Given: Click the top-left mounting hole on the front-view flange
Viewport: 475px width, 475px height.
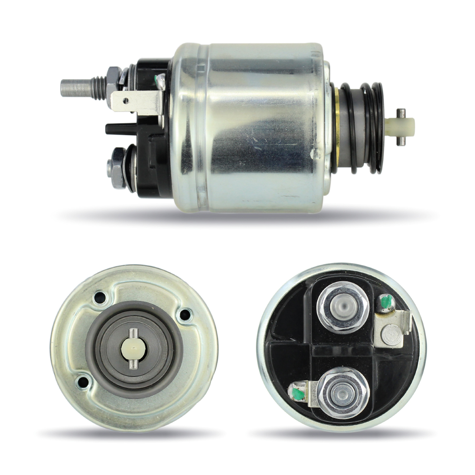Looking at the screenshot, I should click(100, 298).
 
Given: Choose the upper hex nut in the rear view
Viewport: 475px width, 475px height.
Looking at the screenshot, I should click(343, 307).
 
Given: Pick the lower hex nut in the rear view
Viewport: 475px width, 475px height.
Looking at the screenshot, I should click(343, 392).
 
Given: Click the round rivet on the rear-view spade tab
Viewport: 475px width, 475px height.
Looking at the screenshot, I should click(390, 333).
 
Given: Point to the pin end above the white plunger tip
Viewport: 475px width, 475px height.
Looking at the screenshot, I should click(401, 112).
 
